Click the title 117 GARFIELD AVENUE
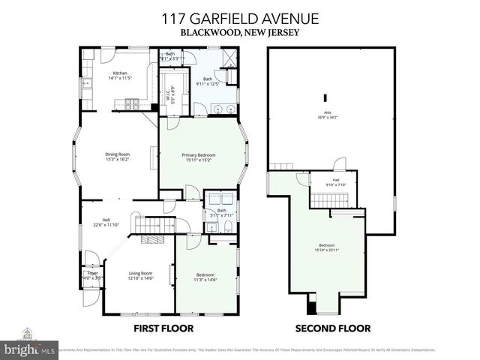[239, 19]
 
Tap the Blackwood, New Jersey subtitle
[239, 33]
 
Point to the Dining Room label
[117, 157]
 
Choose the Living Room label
[141, 275]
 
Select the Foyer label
[92, 274]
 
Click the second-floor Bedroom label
[327, 247]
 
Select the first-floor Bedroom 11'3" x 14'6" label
[205, 277]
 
